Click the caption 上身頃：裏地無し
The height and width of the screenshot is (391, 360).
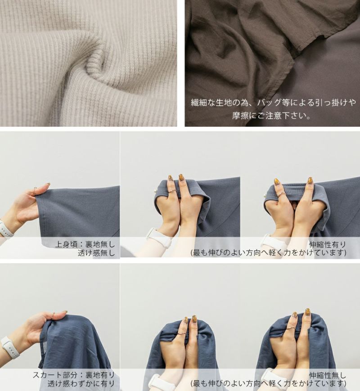pyautogui.click(x=85, y=244)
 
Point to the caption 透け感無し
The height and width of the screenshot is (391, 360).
pyautogui.click(x=96, y=253)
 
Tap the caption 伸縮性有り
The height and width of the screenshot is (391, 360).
pyautogui.click(x=328, y=244)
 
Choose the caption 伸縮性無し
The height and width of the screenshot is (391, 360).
pyautogui.click(x=328, y=375)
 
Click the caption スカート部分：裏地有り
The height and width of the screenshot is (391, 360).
pyautogui.click(x=74, y=375)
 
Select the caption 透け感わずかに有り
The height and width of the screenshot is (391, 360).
pyautogui.click(x=81, y=383)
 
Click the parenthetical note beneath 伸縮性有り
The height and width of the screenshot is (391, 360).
pyautogui.click(x=269, y=253)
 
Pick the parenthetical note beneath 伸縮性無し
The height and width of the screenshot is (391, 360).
pyautogui.click(x=269, y=383)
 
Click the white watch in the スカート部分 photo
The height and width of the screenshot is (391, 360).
pyautogui.click(x=9, y=347)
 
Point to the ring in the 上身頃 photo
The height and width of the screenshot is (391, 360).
pyautogui.click(x=35, y=191)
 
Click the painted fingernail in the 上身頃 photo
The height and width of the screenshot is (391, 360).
pyautogui.click(x=47, y=184)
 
